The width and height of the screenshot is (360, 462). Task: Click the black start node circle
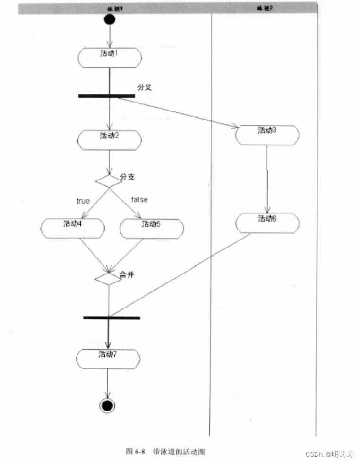click(109, 19)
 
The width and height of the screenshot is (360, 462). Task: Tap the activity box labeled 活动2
click(109, 140)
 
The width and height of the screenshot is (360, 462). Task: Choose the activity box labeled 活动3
click(267, 135)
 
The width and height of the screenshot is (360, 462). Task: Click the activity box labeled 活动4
click(72, 228)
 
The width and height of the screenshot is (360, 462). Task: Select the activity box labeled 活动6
click(267, 223)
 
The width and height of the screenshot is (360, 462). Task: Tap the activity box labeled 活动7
click(108, 358)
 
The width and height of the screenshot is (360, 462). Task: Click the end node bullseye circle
click(108, 405)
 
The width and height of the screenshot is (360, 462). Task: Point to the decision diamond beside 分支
click(109, 180)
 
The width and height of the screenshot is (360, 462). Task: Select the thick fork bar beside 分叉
click(106, 96)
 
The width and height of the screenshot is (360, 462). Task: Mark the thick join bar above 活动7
click(111, 317)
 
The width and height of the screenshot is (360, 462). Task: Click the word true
click(83, 201)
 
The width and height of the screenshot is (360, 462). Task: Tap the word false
click(139, 199)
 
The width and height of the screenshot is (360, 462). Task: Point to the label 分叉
click(145, 87)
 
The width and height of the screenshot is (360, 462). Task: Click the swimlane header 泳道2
click(265, 8)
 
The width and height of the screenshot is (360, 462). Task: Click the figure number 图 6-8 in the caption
click(135, 451)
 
